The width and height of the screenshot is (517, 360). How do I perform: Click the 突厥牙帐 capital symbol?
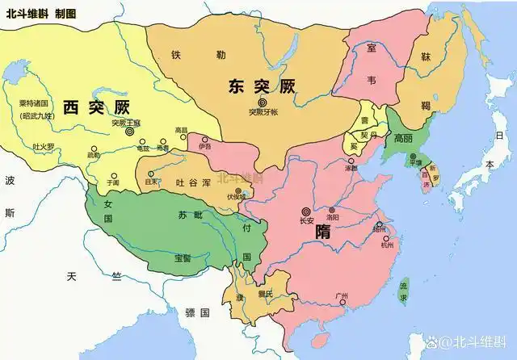[262, 102]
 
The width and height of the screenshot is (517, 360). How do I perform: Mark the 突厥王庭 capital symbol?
[130, 132]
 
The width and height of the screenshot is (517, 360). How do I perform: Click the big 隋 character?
[322, 231]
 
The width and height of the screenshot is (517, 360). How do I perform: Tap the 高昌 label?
[181, 129]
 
